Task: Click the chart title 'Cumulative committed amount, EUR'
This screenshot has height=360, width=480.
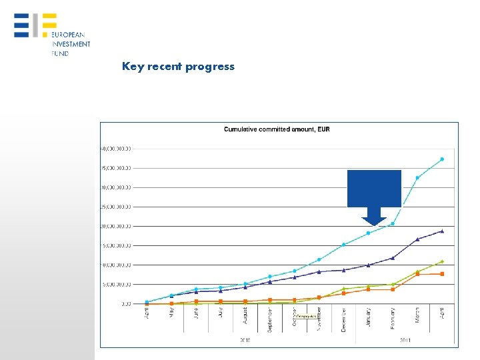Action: (277, 129)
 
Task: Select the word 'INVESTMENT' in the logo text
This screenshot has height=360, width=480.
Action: (71, 43)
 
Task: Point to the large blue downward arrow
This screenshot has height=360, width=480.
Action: (374, 197)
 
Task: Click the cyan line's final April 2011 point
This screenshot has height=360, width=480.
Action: (442, 159)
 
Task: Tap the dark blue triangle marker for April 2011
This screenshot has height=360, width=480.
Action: (442, 231)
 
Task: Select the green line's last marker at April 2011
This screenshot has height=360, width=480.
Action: (442, 261)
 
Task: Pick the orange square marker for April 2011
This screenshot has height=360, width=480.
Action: (442, 274)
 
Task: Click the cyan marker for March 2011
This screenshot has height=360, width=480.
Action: (417, 178)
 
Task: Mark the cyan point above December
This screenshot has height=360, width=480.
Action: (344, 245)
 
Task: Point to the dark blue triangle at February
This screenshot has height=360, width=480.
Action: (393, 257)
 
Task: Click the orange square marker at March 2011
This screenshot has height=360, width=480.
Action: (417, 274)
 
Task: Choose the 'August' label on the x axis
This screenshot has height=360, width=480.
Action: (245, 315)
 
